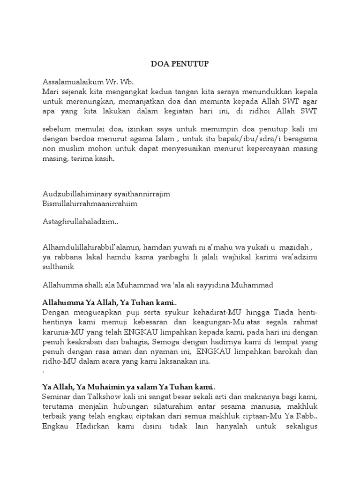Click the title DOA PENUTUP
pos(180,64)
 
